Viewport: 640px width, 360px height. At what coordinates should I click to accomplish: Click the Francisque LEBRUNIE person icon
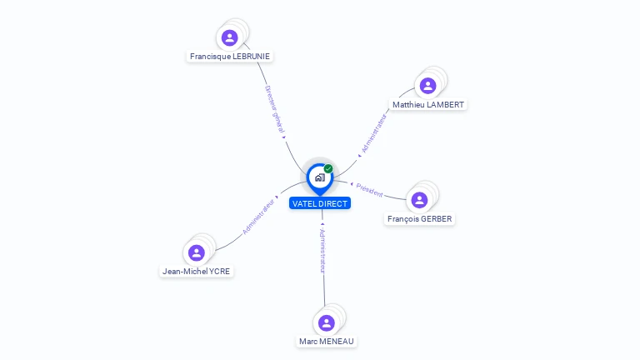pos(230,37)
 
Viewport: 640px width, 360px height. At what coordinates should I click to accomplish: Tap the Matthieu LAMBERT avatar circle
pos(427,85)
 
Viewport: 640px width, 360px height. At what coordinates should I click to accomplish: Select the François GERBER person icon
pos(419,200)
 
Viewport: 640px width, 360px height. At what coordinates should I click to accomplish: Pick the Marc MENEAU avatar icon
pos(327,322)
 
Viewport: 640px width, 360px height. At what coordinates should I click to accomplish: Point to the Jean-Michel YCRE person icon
pos(197,252)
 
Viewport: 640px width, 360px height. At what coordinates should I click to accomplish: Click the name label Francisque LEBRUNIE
pos(230,57)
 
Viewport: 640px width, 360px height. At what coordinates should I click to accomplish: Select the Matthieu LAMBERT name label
pos(428,105)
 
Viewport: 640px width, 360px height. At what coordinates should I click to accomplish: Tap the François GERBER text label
pos(420,219)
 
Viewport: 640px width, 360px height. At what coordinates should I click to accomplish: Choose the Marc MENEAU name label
pos(327,342)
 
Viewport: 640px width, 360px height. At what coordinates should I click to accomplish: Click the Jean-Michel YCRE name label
pos(197,272)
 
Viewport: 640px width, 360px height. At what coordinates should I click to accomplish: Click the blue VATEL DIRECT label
pos(320,203)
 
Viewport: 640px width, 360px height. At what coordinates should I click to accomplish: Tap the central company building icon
pos(319,177)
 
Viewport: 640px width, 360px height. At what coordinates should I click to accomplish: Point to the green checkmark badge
pos(328,168)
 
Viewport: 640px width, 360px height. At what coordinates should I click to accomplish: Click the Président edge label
pos(369,190)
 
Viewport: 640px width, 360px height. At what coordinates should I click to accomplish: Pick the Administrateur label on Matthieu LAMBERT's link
pos(374,133)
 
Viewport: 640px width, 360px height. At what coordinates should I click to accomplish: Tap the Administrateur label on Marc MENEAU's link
pos(322,251)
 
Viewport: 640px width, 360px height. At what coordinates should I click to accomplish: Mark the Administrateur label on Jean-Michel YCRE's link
pos(259,216)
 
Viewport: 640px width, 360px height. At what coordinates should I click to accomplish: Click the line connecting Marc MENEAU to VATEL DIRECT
pos(323,287)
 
